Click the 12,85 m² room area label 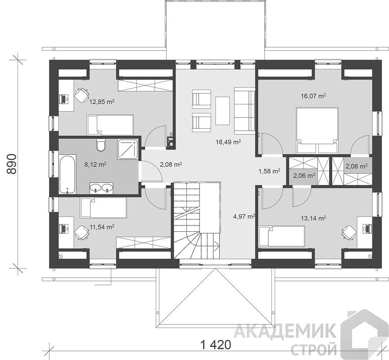coord(102,101)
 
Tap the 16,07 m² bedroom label coord(313,96)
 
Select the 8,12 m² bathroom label coord(95,164)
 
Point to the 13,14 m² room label coord(313,218)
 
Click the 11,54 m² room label coord(102,227)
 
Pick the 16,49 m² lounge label coord(228,142)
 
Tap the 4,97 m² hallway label coord(244,216)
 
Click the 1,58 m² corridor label coord(269,171)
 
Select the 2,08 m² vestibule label coord(171,164)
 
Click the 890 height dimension coord(12,164)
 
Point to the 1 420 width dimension coord(215,344)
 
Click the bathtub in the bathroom coord(67,174)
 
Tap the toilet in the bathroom coord(101,145)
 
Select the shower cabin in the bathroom coord(128,149)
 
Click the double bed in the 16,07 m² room coord(317,130)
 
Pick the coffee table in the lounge coord(222,111)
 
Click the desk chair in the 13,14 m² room coord(348,232)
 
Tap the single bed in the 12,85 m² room coord(110,125)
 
